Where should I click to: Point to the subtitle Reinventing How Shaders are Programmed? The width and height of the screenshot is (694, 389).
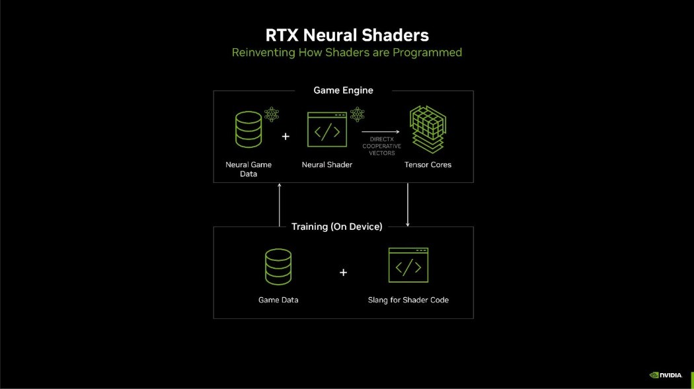pyautogui.click(x=346, y=52)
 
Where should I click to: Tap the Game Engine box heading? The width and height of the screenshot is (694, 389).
pyautogui.click(x=343, y=90)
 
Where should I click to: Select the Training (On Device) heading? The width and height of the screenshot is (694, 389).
pyautogui.click(x=336, y=227)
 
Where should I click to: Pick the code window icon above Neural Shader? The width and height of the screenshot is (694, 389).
pyautogui.click(x=327, y=130)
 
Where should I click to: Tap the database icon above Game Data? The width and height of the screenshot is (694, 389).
pyautogui.click(x=278, y=267)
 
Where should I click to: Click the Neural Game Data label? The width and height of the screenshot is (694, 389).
pyautogui.click(x=249, y=169)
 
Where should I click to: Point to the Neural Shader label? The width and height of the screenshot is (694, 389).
pyautogui.click(x=327, y=164)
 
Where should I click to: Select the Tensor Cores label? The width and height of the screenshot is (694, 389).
pyautogui.click(x=428, y=164)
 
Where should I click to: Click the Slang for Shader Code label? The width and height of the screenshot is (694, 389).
pyautogui.click(x=408, y=300)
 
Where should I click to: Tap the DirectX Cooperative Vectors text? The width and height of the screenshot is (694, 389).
pyautogui.click(x=382, y=147)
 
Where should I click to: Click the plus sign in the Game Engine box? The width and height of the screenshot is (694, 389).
pyautogui.click(x=286, y=136)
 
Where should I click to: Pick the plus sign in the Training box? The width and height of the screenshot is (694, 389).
pyautogui.click(x=343, y=272)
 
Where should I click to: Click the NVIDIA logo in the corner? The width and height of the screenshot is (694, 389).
pyautogui.click(x=665, y=375)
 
